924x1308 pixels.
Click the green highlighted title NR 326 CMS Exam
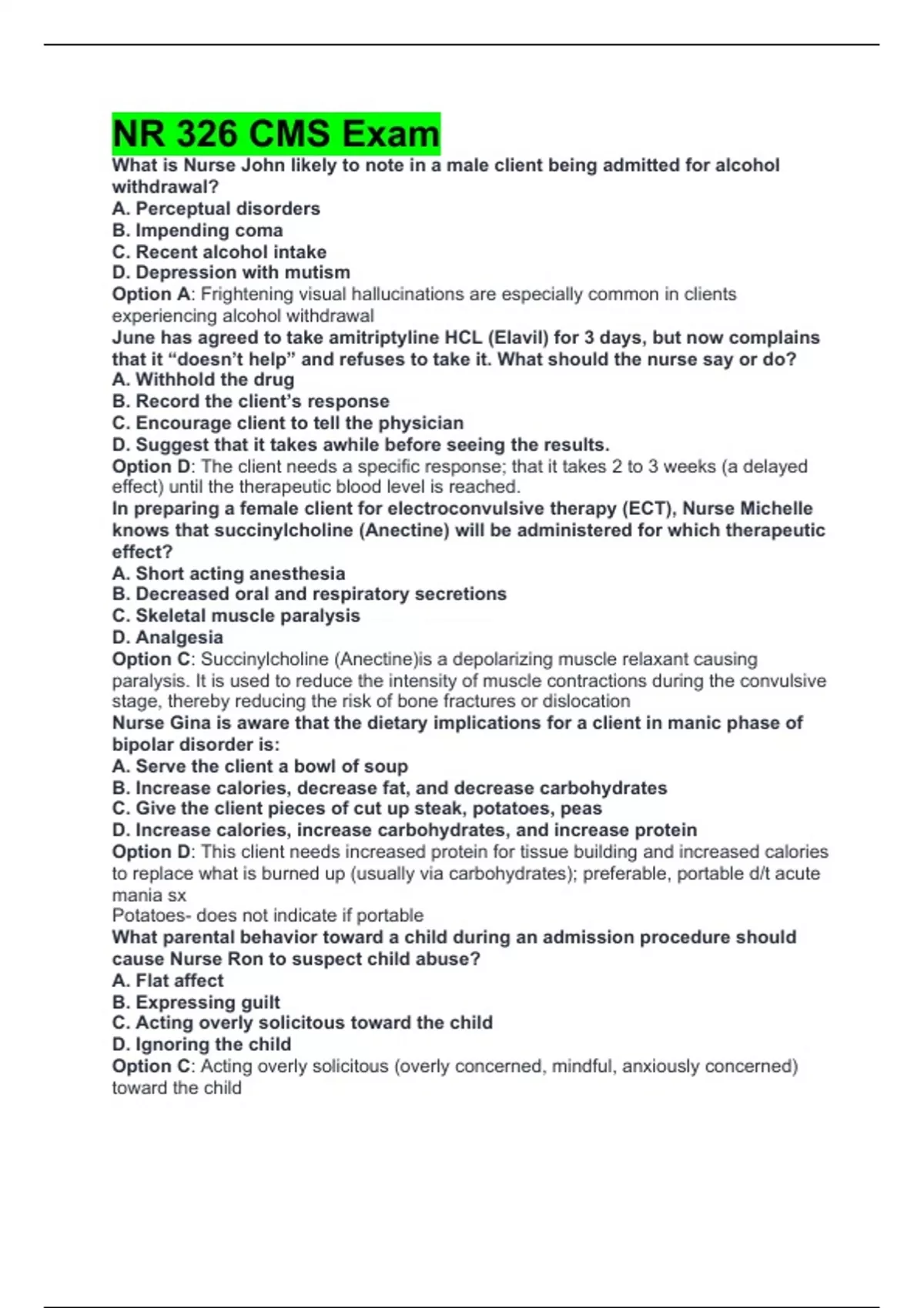tap(276, 134)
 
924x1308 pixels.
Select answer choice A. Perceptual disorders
tap(216, 209)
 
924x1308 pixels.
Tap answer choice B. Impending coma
tap(197, 230)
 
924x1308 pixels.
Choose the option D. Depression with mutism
tap(231, 272)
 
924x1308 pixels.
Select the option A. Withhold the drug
tap(203, 379)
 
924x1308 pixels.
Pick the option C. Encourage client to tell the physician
tap(288, 422)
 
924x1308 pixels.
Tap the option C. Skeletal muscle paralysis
tap(236, 616)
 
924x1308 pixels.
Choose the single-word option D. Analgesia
tap(168, 637)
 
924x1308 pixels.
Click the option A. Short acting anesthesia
tap(229, 573)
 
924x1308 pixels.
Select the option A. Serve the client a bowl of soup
tap(260, 766)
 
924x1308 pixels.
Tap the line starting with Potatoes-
tap(267, 916)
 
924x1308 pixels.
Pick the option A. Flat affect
tap(168, 980)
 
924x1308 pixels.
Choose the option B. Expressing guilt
tap(196, 1002)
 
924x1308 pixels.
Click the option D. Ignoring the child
tap(202, 1044)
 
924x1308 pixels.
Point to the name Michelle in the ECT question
tap(775, 509)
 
